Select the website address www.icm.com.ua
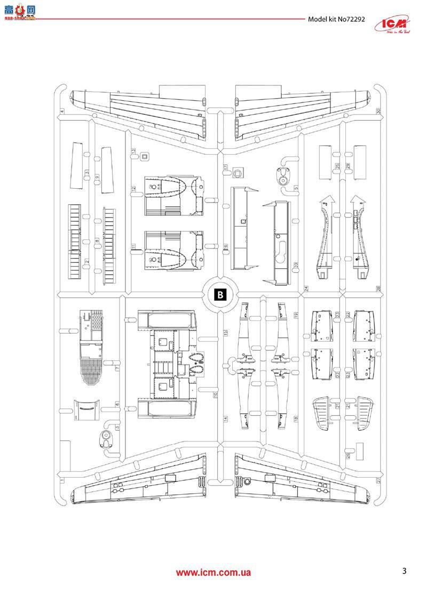(x=213, y=573)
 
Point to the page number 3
(x=404, y=572)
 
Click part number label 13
(x=134, y=152)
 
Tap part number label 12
(x=134, y=189)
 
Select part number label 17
(x=226, y=167)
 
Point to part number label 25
(x=338, y=166)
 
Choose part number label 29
(x=347, y=166)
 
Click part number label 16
(x=226, y=247)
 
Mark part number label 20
(x=295, y=265)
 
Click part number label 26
(x=347, y=455)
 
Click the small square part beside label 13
(x=145, y=156)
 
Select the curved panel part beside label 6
(x=86, y=409)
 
